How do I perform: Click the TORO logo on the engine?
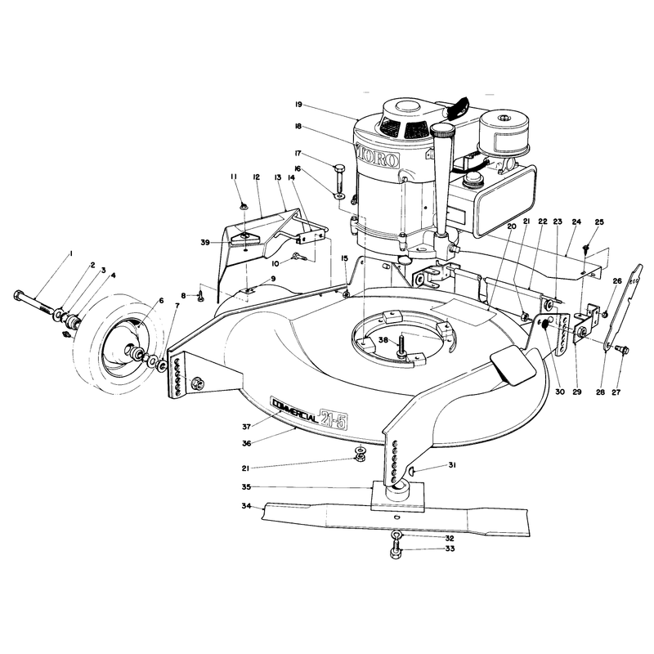378,157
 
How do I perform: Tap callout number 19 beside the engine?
298,105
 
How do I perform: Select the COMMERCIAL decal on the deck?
295,407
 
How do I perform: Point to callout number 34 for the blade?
246,506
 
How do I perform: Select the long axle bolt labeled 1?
35,302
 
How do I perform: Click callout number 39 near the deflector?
205,243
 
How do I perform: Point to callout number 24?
576,222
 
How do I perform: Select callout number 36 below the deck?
247,443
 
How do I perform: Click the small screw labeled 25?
586,249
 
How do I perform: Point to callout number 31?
452,464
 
